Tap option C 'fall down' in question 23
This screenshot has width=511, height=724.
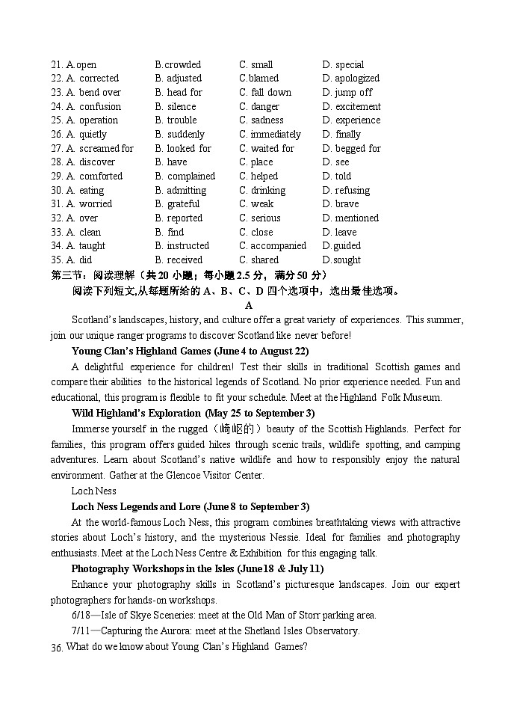[265, 93]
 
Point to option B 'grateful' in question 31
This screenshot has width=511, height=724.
[177, 204]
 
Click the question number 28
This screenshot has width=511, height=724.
[57, 162]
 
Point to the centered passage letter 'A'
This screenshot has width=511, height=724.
[249, 305]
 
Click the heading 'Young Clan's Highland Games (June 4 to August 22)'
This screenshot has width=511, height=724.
[190, 351]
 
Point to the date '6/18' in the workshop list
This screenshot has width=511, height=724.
[81, 616]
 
